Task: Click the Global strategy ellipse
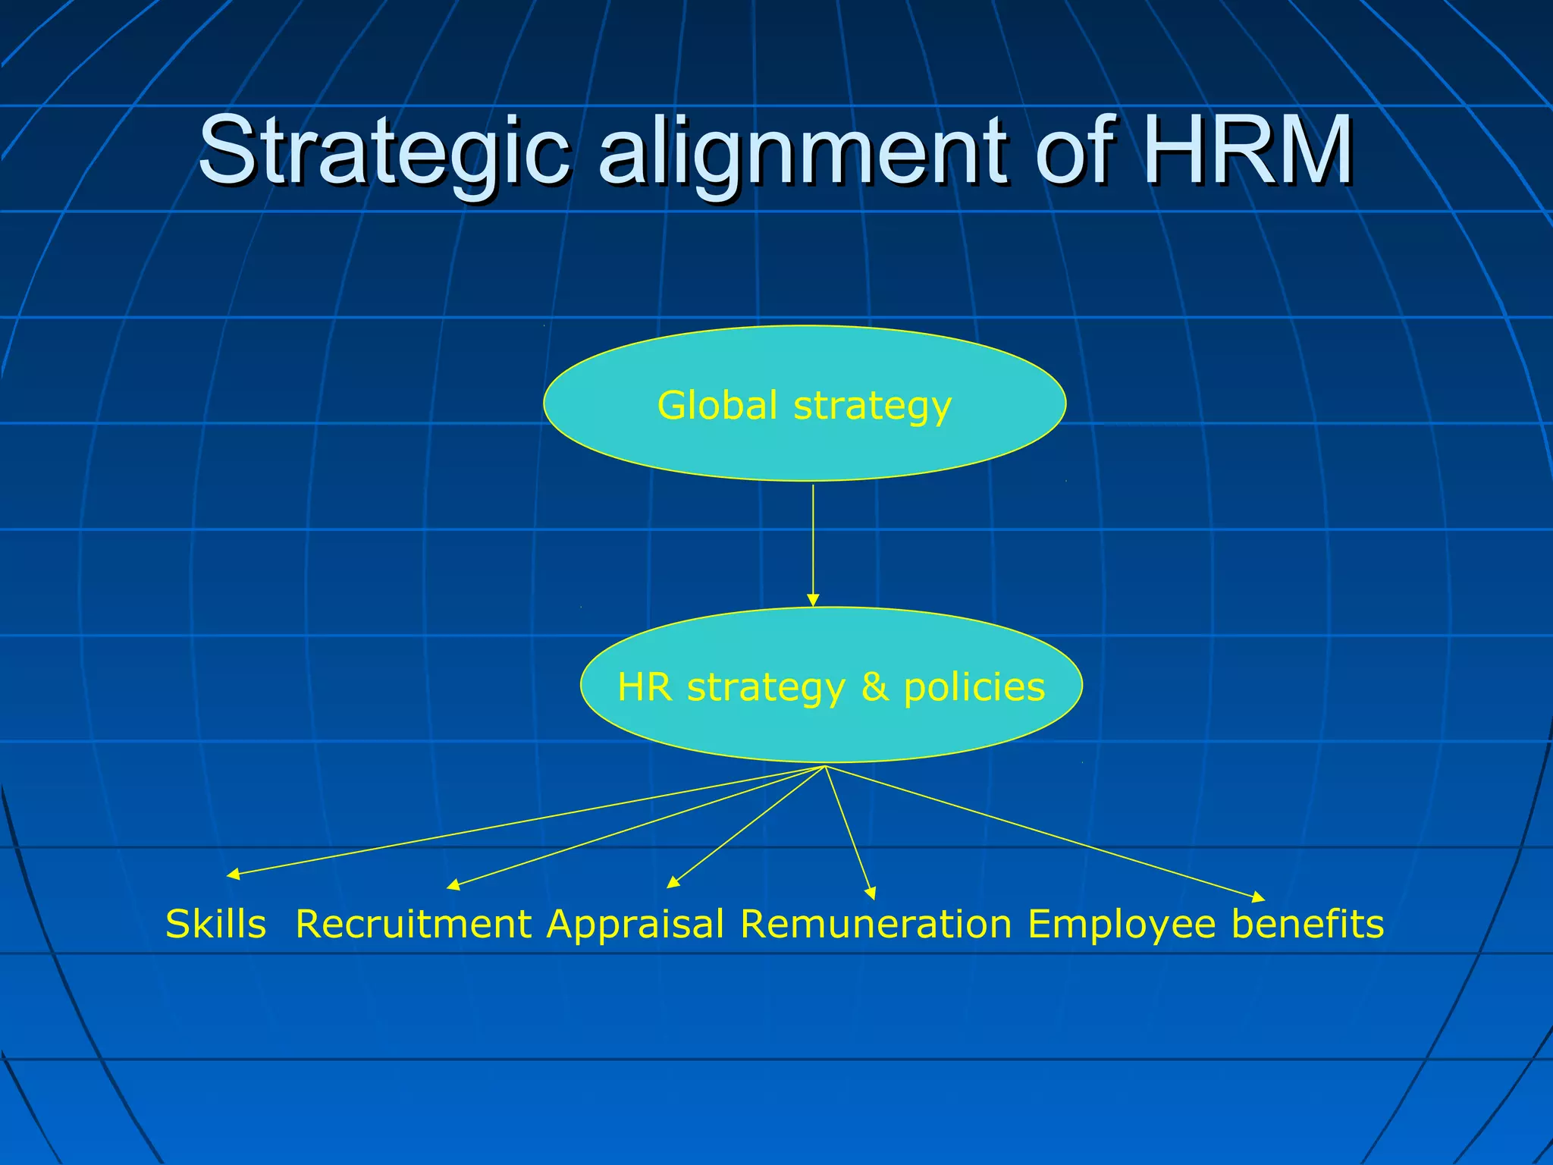pyautogui.click(x=805, y=447)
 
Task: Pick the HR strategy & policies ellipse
pyautogui.click(x=831, y=728)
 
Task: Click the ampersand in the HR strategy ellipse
pyautogui.click(x=874, y=687)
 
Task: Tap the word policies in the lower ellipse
pyautogui.click(x=974, y=687)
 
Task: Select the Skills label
pyautogui.click(x=216, y=925)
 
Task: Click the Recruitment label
pyautogui.click(x=413, y=925)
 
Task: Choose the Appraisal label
pyautogui.click(x=635, y=925)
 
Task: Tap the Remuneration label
pyautogui.click(x=876, y=925)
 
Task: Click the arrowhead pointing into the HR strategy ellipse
pyautogui.click(x=813, y=601)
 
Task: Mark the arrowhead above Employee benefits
pyautogui.click(x=1258, y=898)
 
